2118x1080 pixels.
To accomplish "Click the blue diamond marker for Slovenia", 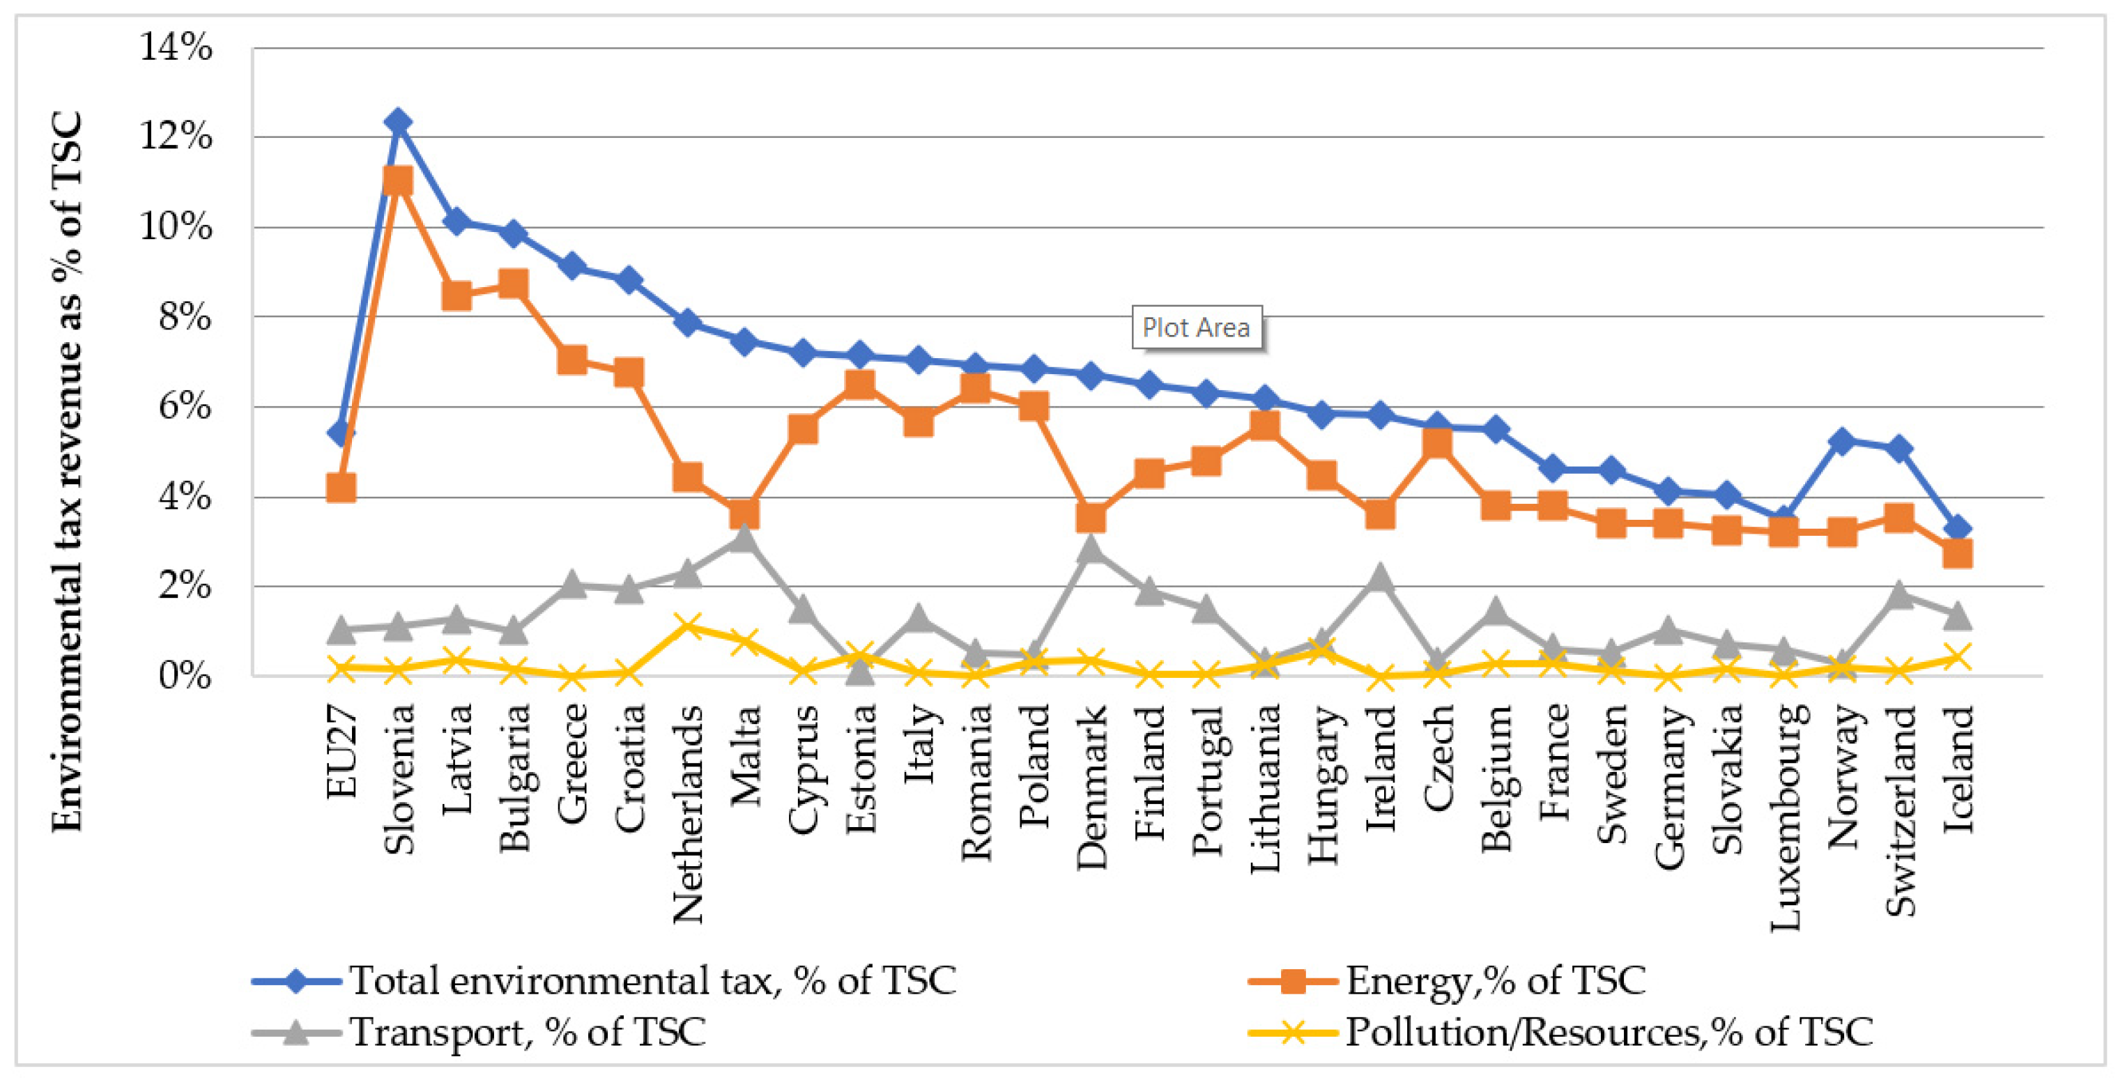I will (398, 123).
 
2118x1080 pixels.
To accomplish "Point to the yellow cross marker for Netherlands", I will (687, 627).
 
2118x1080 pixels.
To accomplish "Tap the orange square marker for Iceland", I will (1958, 554).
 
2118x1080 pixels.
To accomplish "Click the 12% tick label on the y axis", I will (176, 137).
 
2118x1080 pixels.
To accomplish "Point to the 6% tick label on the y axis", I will (185, 406).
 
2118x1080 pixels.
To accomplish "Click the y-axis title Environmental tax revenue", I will (68, 472).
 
